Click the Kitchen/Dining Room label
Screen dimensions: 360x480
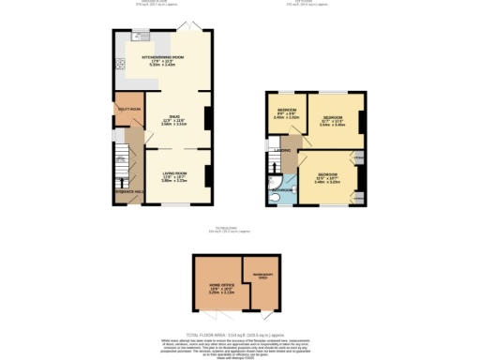(163, 57)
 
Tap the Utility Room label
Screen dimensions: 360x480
(128, 110)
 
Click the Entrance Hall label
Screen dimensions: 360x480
(128, 190)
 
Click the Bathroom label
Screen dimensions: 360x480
(282, 188)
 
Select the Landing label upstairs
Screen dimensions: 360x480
(281, 150)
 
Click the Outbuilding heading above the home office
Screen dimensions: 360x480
(230, 230)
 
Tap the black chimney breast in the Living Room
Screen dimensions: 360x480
(208, 173)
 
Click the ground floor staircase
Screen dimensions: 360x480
(120, 161)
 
